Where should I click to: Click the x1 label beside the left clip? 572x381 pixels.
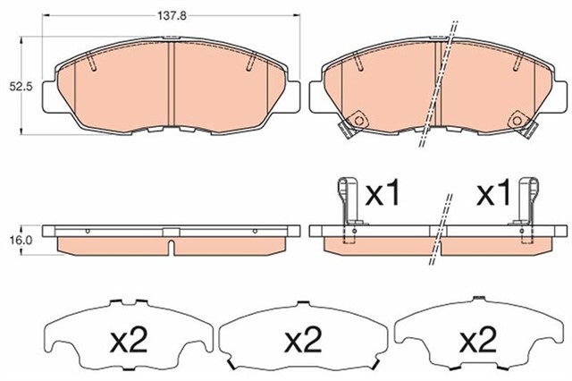(386, 193)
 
